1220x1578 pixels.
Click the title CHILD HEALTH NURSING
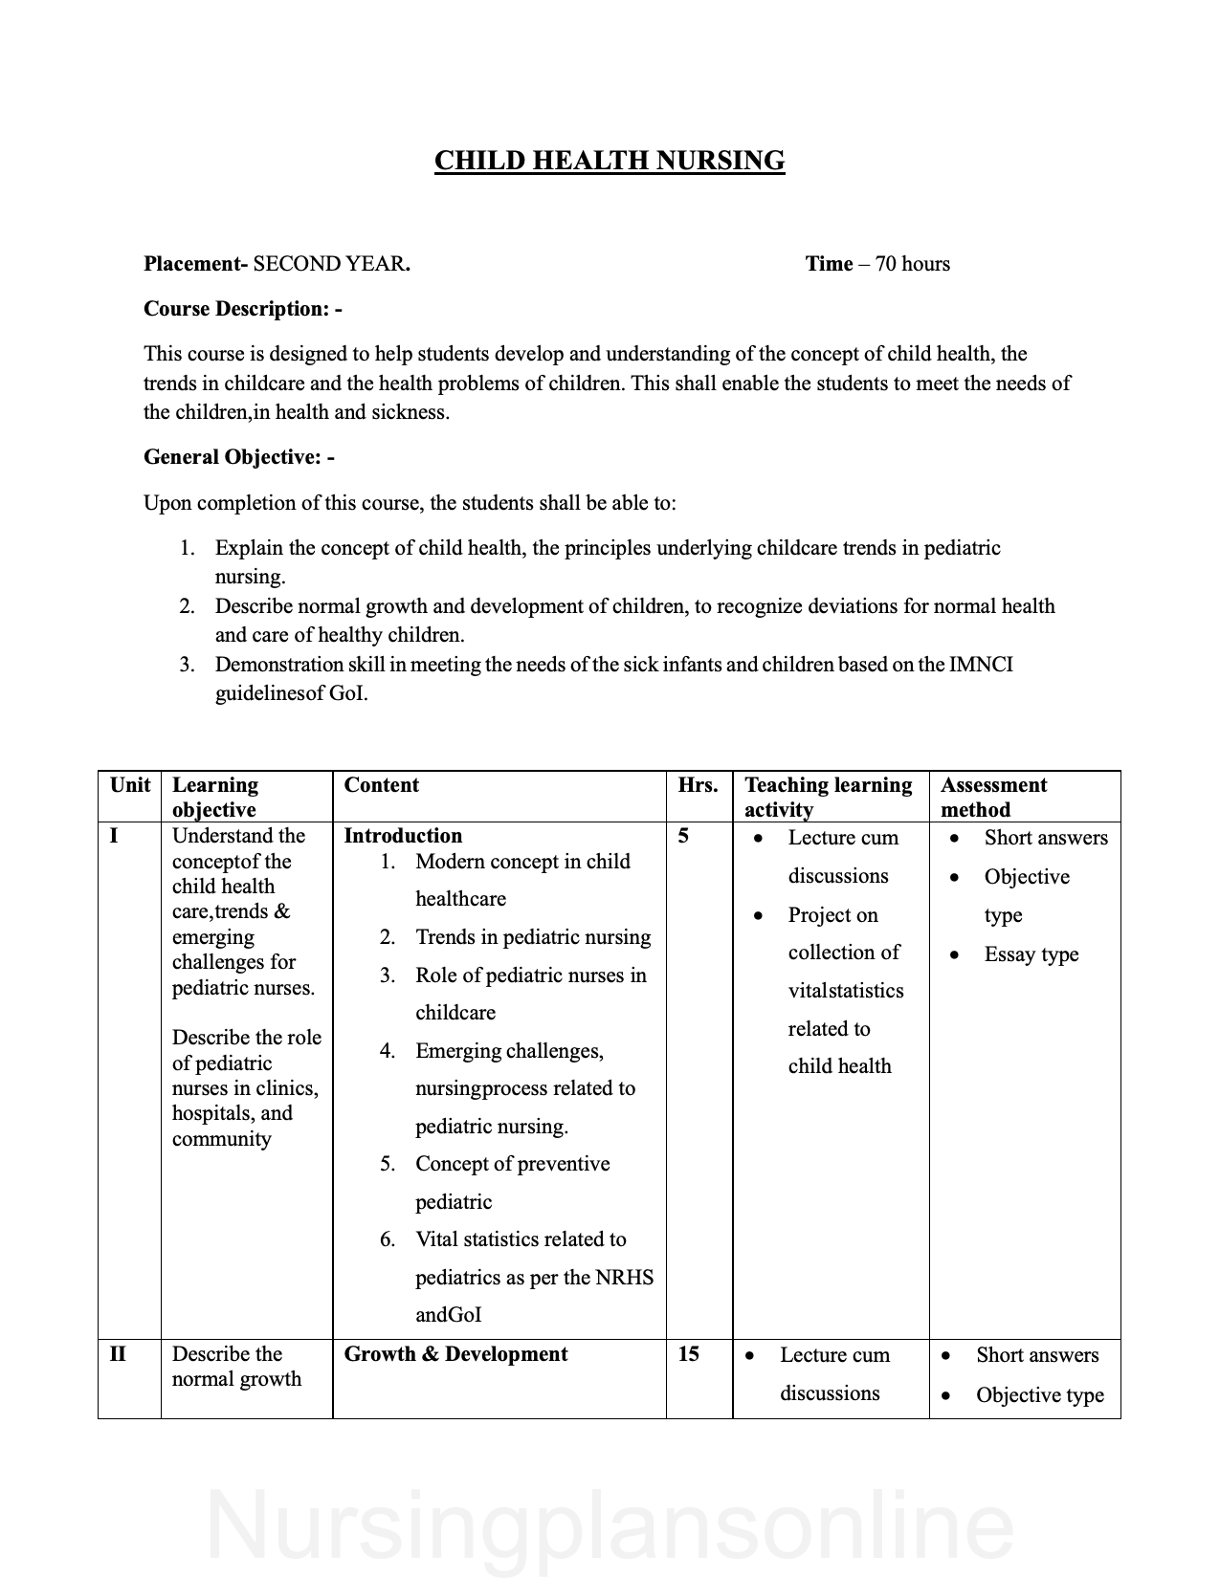click(x=610, y=161)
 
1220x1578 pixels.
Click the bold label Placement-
click(x=195, y=264)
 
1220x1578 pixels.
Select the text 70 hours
click(x=913, y=264)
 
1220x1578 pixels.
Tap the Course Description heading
click(x=242, y=309)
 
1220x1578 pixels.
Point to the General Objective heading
click(x=238, y=457)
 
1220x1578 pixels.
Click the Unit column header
click(x=130, y=785)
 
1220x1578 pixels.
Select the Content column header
click(x=381, y=785)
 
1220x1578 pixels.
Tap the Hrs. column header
click(x=698, y=785)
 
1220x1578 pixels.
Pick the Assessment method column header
click(x=993, y=797)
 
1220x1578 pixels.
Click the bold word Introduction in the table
click(x=403, y=836)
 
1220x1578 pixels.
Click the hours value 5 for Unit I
click(x=683, y=836)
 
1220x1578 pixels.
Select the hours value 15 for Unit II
click(x=688, y=1354)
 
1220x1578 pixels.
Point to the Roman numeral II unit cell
click(x=118, y=1354)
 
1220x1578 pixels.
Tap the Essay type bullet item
click(x=1031, y=954)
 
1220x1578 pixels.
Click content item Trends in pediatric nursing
click(x=533, y=937)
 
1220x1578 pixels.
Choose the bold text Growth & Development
click(x=455, y=1354)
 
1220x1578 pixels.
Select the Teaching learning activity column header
click(x=828, y=797)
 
